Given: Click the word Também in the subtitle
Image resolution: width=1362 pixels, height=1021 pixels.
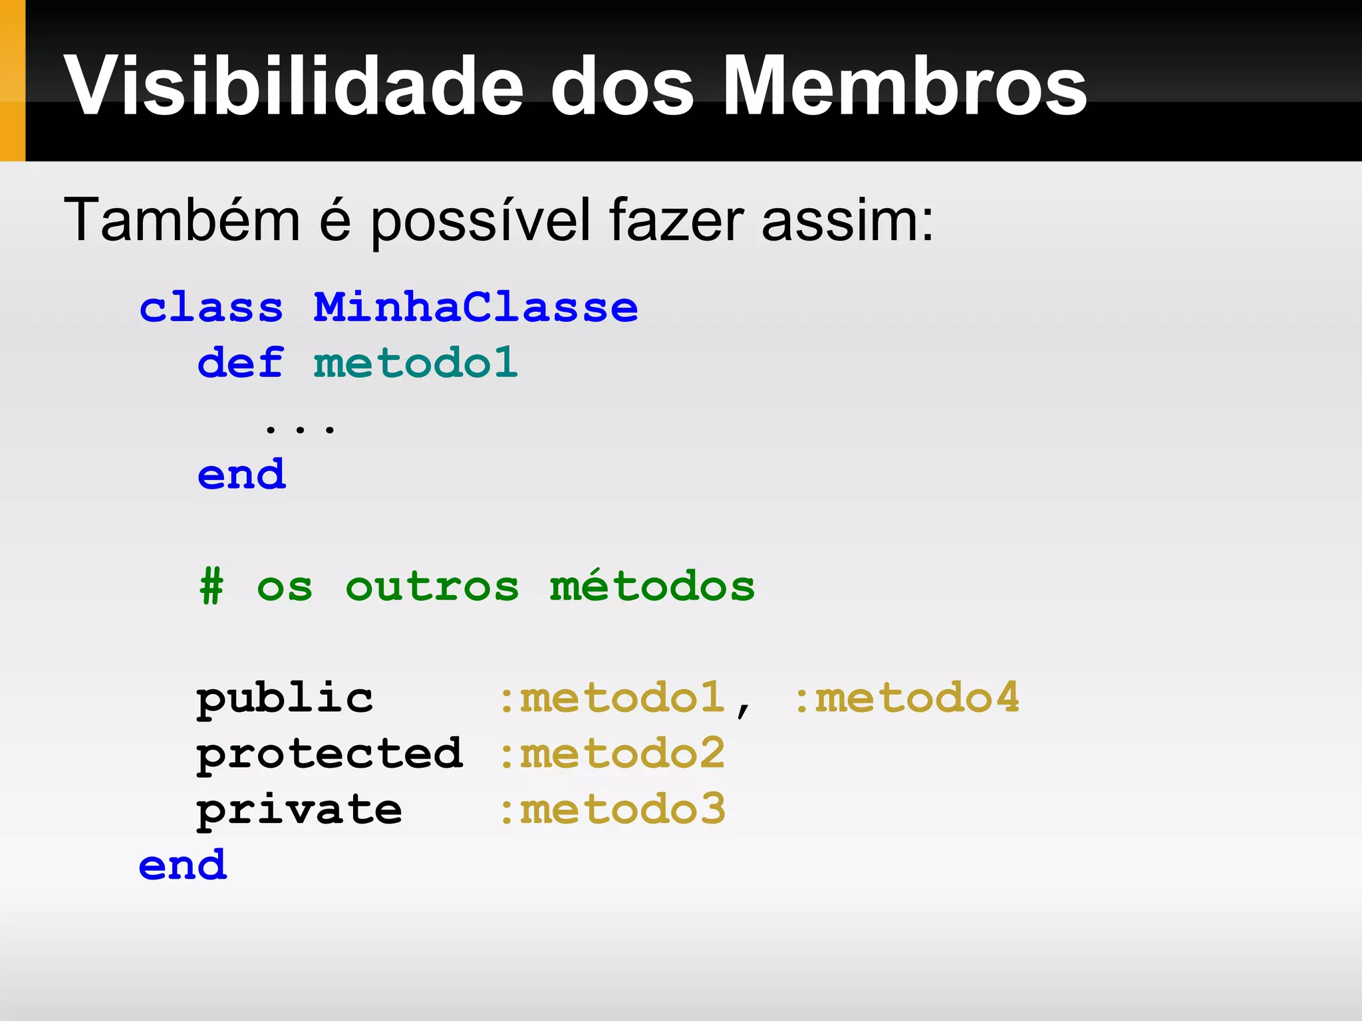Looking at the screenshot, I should click(x=182, y=219).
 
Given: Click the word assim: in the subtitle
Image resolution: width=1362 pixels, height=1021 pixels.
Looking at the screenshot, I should click(x=847, y=219).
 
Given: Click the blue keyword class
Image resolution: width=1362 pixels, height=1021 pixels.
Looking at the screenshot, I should click(x=211, y=308).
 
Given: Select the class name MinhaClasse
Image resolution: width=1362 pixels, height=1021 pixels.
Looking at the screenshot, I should click(x=476, y=308).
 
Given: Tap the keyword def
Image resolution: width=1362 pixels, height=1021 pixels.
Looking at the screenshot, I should click(x=241, y=364).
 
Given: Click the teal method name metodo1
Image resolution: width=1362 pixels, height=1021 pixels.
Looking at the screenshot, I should click(x=416, y=364).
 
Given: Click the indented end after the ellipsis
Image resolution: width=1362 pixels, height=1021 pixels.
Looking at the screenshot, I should click(x=241, y=475).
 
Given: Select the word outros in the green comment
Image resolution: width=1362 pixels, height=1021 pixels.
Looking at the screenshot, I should click(x=432, y=587).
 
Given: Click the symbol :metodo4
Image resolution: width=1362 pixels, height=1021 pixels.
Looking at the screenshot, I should click(x=906, y=699).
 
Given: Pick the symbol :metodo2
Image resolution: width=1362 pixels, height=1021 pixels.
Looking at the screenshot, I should click(x=612, y=754).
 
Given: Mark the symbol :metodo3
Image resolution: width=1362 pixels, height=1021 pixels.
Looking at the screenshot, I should click(x=612, y=810).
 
